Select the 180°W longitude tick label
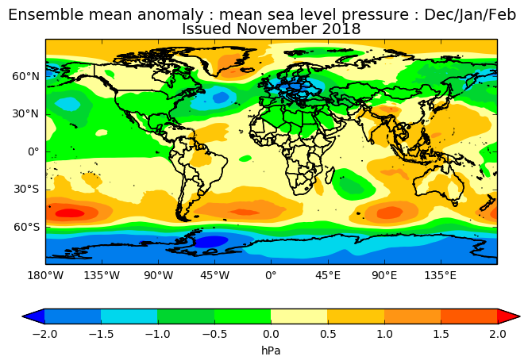(x=45, y=276)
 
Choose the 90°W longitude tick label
(x=158, y=276)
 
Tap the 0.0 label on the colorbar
(x=271, y=334)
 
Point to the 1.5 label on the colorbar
(x=441, y=334)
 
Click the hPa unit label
(x=271, y=350)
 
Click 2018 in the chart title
(x=342, y=29)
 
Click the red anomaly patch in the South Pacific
(x=70, y=213)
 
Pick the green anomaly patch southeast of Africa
(x=354, y=187)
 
